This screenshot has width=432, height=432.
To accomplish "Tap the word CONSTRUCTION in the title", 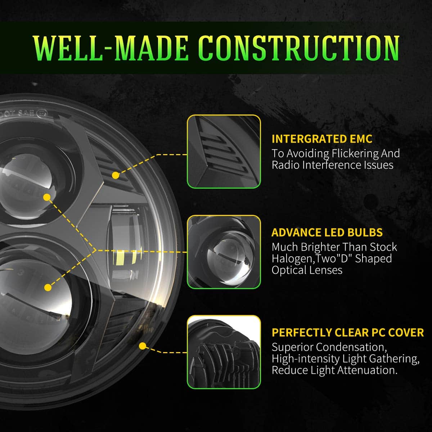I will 299,48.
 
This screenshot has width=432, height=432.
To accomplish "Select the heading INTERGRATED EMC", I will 322,139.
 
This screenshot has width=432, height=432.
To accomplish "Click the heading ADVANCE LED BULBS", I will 327,233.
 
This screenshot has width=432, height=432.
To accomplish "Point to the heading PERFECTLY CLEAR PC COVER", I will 348,332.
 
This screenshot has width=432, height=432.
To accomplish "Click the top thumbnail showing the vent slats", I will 224,152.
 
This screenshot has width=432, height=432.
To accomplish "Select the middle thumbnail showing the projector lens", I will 224,252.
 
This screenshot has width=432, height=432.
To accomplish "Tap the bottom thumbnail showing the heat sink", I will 224,352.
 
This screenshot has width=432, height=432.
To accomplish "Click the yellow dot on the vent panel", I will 116,175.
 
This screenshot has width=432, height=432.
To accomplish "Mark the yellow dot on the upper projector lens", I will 47,197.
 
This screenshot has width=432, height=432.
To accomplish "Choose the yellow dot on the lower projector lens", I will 47,287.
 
